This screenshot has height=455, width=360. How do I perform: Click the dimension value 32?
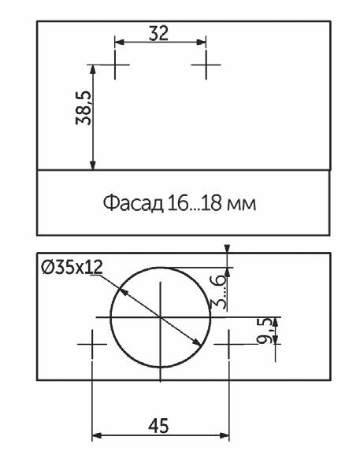pos(158,33)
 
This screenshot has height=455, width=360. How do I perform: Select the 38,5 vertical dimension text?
pos(84,108)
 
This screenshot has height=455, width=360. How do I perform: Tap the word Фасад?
pos(133,203)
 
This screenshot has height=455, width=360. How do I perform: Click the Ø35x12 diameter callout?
pos(72,267)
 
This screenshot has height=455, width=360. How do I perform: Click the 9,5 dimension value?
pos(265,331)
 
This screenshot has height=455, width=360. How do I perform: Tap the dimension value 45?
pos(158,426)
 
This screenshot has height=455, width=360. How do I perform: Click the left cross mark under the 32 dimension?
pos(115,65)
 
